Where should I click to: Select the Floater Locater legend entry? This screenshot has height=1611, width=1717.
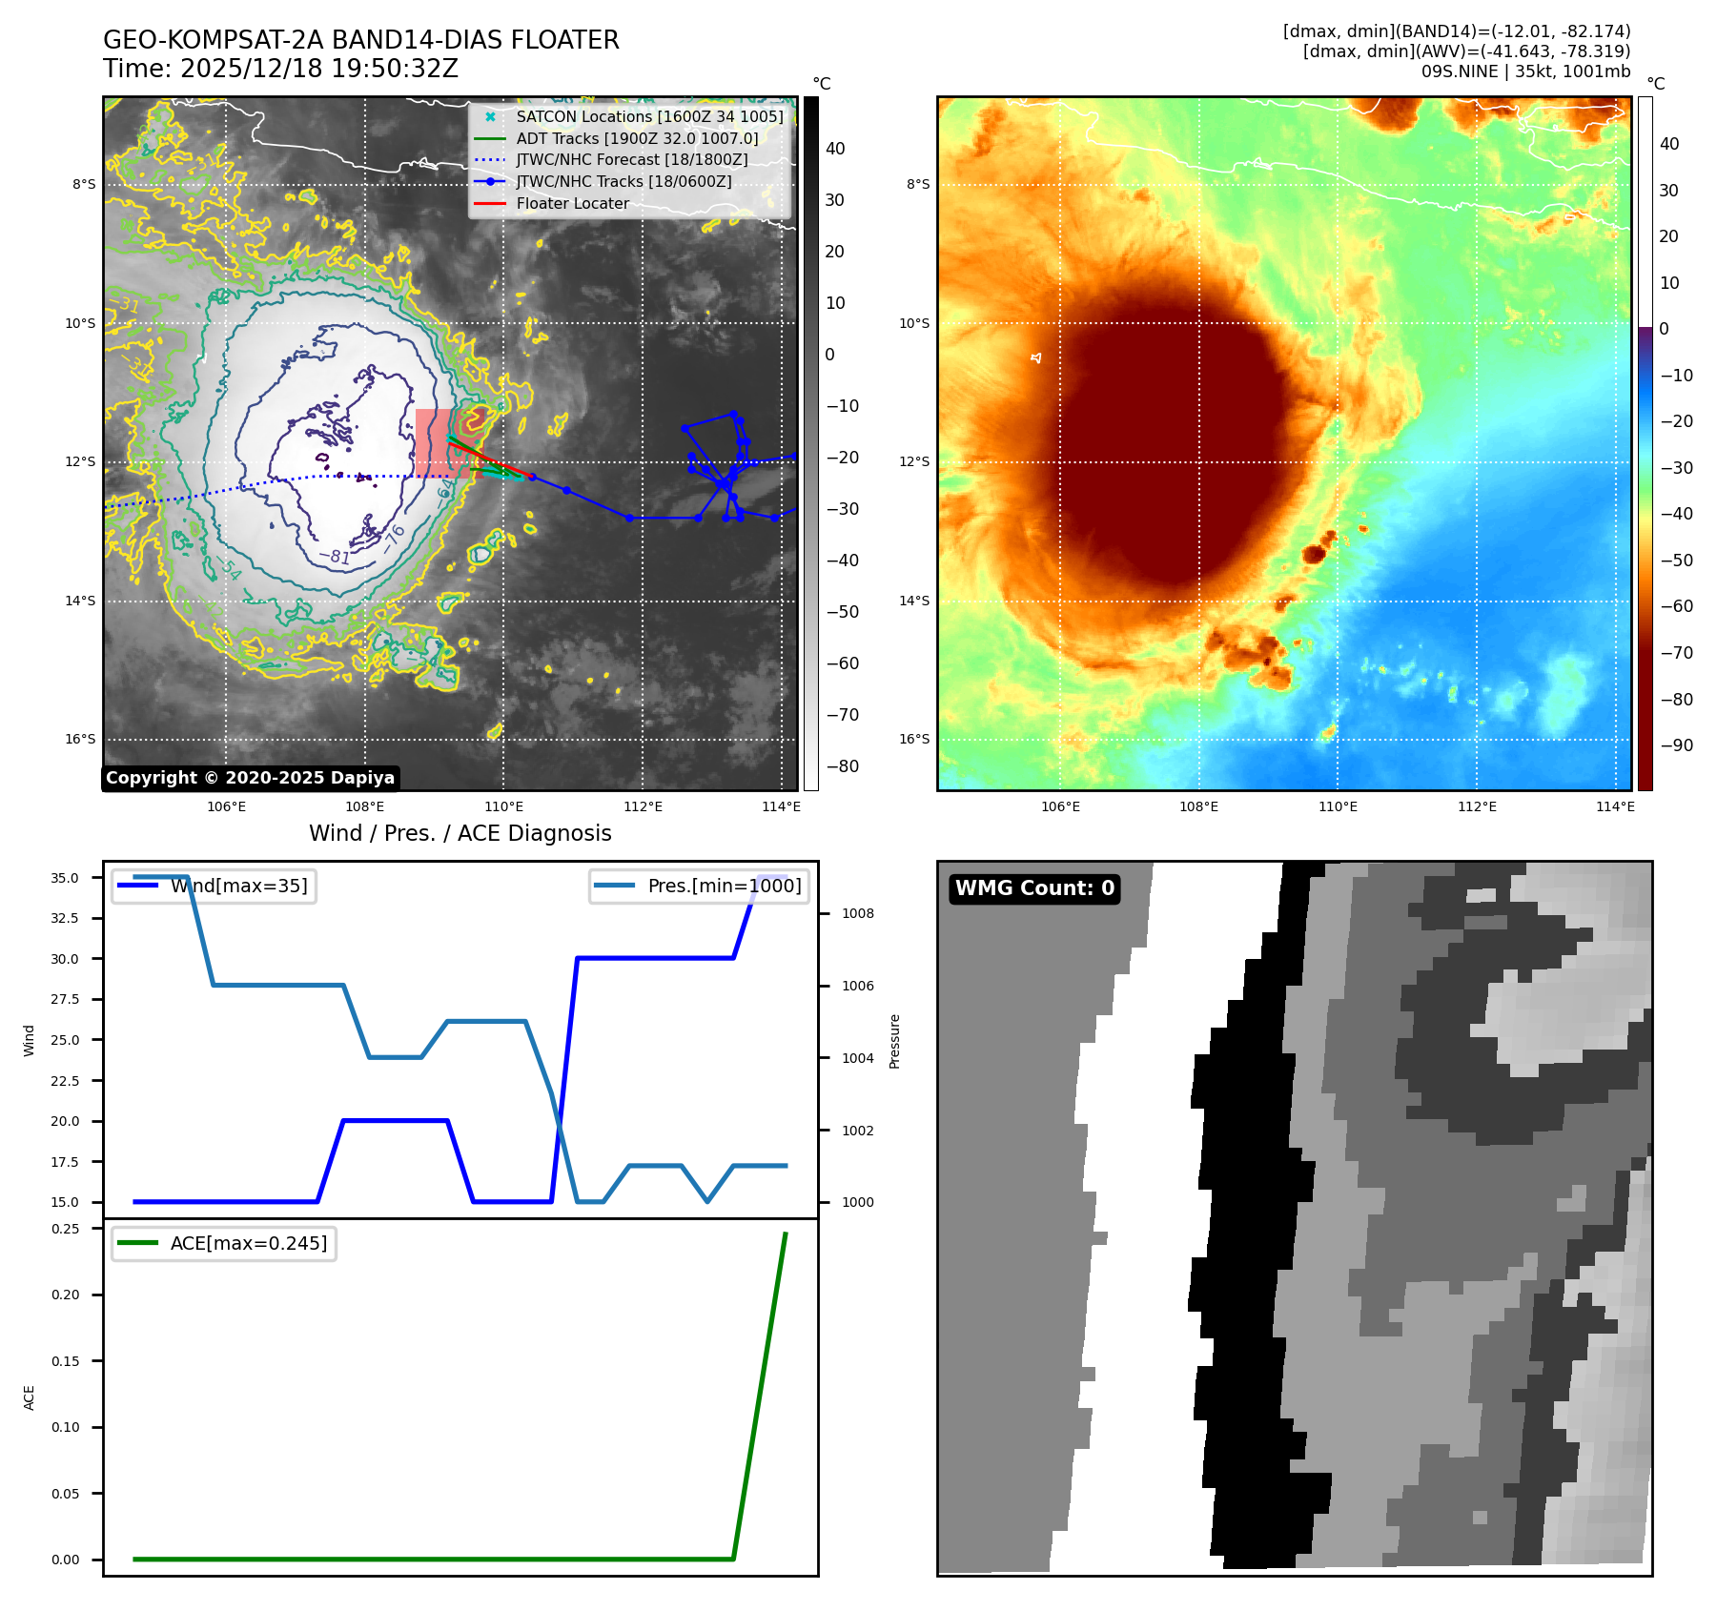click(x=572, y=203)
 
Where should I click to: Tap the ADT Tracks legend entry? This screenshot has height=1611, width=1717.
click(x=637, y=138)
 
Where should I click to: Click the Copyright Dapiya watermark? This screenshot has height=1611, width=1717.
click(x=250, y=778)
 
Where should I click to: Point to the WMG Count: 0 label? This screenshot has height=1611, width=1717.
click(x=1034, y=888)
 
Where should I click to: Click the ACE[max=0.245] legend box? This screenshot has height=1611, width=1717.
click(x=224, y=1243)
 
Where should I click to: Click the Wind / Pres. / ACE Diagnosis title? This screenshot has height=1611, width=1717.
click(x=460, y=833)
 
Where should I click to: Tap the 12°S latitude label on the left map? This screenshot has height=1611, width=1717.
click(x=80, y=462)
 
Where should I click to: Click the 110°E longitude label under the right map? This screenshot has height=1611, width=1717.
click(x=1338, y=806)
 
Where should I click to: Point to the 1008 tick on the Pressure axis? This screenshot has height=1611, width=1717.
click(x=857, y=913)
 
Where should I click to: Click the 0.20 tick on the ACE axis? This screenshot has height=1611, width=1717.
click(x=66, y=1295)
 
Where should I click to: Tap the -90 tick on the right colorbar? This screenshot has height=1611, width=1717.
click(x=1676, y=745)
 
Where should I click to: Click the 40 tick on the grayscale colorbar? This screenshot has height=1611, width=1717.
click(x=835, y=149)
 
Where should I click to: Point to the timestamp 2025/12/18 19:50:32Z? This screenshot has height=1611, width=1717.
click(x=318, y=70)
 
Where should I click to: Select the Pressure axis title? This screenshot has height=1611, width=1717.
click(x=894, y=1041)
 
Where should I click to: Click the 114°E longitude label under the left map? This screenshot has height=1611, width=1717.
click(x=781, y=806)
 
